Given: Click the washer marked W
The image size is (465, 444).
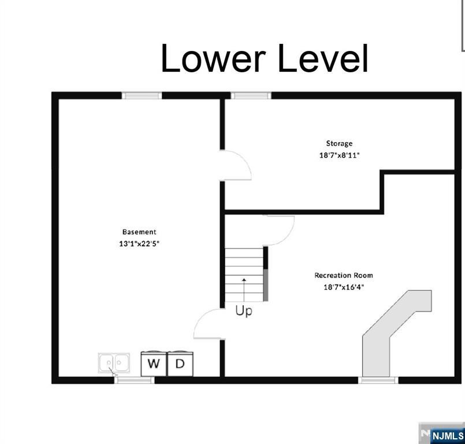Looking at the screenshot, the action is click(154, 364).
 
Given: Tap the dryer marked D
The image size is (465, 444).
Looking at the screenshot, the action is click(180, 364).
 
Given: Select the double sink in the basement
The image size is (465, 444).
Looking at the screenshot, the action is click(114, 363).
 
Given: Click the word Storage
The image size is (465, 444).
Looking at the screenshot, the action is click(339, 143).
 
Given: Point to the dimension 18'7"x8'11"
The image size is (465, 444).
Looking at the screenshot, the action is click(339, 155).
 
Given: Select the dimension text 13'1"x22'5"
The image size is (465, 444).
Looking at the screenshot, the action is click(139, 244).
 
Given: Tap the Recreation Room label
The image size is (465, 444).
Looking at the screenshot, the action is click(344, 275).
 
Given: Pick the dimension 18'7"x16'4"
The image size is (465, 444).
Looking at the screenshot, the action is click(344, 287).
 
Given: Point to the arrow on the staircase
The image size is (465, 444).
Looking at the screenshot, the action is click(244, 290).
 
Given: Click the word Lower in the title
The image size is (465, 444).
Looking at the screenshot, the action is click(213, 58).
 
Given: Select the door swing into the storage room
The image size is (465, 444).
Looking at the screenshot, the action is click(236, 165).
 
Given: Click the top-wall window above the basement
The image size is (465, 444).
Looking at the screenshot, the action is click(142, 95).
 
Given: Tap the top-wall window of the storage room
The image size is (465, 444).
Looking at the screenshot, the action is click(251, 95).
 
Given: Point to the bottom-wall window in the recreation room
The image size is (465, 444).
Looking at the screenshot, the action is click(378, 380).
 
